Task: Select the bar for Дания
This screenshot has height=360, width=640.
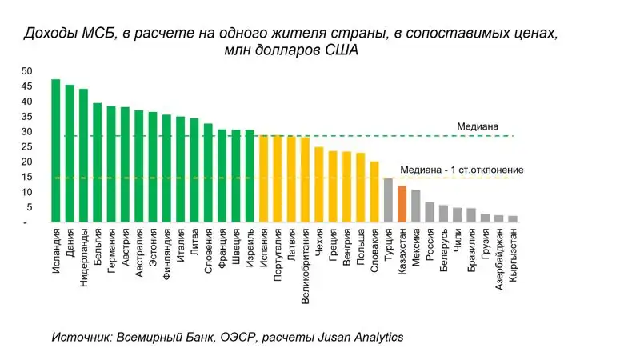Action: (70, 153)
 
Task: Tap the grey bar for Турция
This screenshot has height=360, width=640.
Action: (388, 199)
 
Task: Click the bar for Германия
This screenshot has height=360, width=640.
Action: (111, 164)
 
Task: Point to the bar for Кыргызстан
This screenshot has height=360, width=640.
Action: (513, 218)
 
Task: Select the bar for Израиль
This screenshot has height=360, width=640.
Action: (250, 175)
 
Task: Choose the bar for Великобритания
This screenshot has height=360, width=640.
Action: (305, 179)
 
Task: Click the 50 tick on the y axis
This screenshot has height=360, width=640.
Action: (27, 71)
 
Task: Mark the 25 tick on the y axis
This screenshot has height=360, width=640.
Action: (27, 147)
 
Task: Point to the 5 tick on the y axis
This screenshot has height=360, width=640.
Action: (30, 207)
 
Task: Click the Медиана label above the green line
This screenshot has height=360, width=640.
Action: (478, 126)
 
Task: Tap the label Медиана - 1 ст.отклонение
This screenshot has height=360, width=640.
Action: (462, 170)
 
